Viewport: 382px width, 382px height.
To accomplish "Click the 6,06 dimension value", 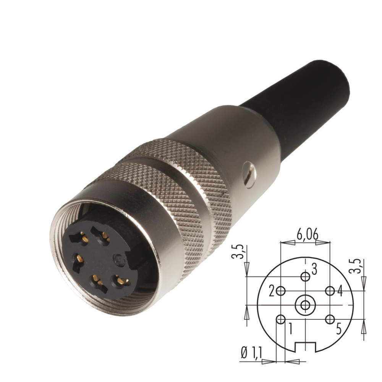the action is tap(307, 235).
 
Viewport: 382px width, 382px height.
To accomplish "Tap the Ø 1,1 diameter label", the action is tap(251, 353).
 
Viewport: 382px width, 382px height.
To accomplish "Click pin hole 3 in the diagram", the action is tap(305, 277).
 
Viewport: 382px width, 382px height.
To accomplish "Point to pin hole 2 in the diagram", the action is tap(281, 291).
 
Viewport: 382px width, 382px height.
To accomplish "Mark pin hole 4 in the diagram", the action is tap(330, 291).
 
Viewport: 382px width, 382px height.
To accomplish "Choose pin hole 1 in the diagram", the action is tap(281, 319).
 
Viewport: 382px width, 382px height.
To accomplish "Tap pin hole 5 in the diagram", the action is tap(330, 319).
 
